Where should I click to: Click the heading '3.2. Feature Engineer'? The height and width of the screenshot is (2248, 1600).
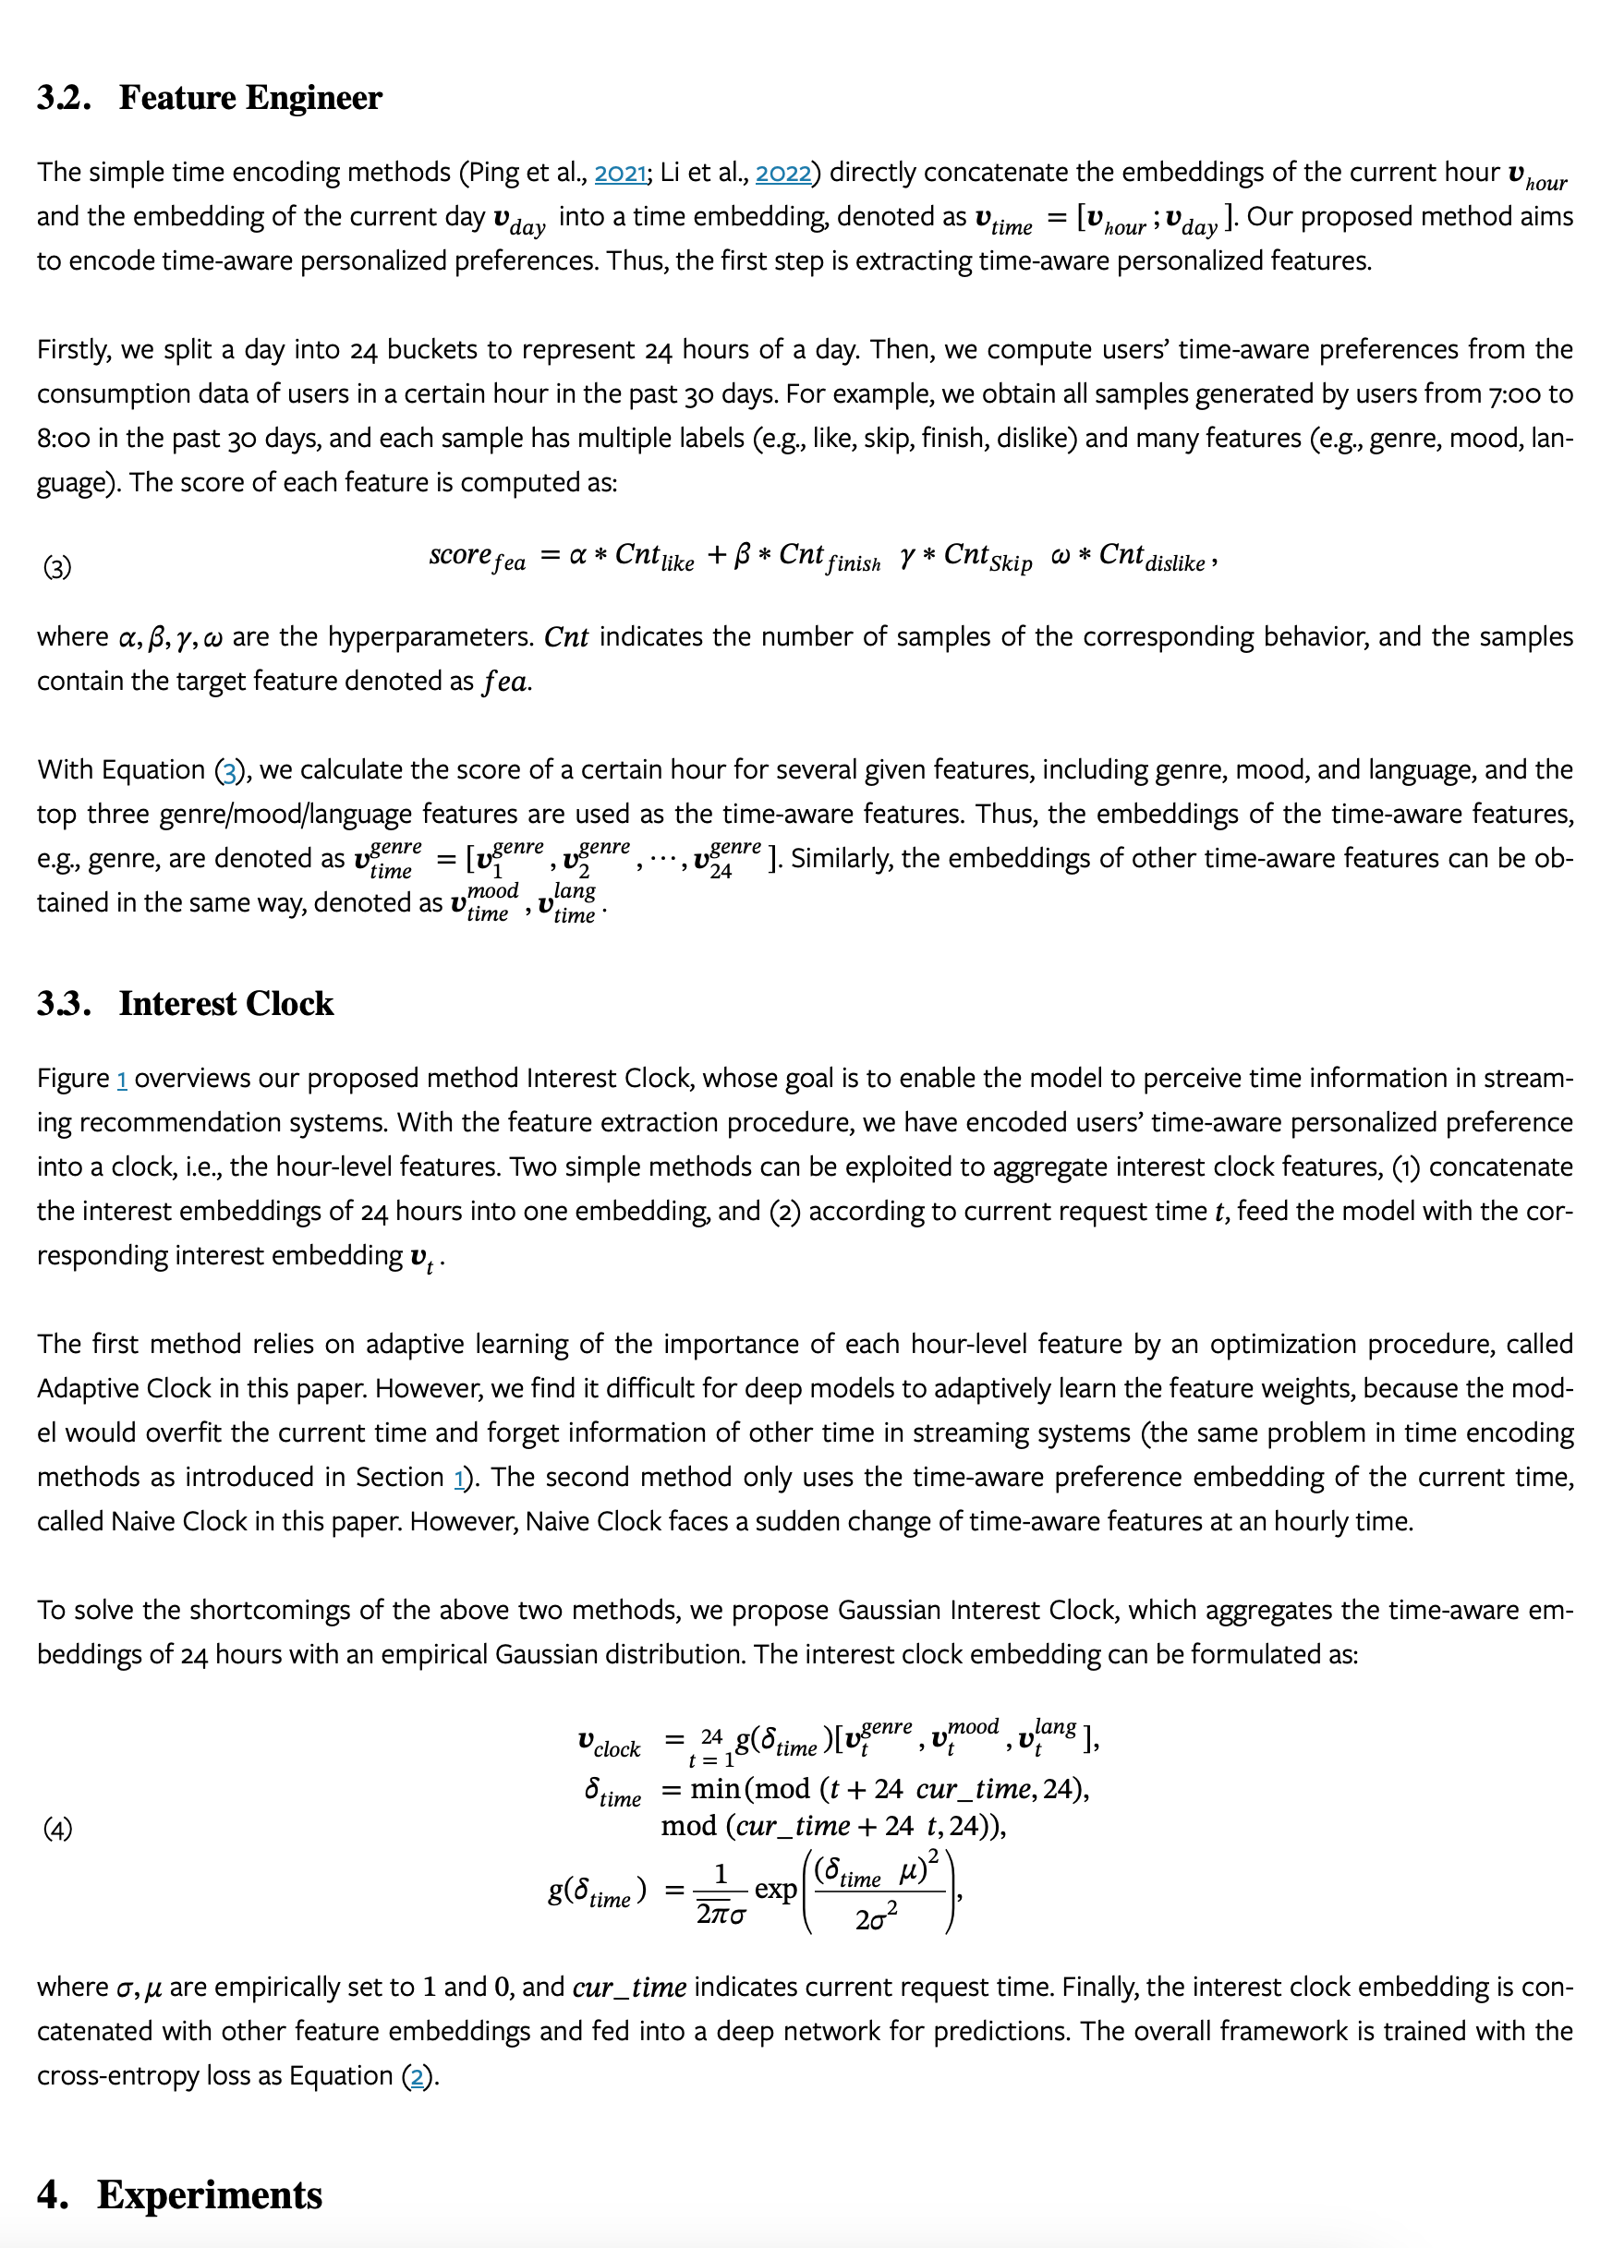(x=209, y=98)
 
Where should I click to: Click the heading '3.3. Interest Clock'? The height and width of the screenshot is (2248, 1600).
(x=186, y=1003)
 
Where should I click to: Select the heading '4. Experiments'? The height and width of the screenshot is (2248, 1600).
(x=179, y=2194)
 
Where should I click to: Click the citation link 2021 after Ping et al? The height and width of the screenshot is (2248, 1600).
(x=621, y=173)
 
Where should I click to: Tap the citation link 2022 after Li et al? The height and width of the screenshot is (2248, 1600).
(x=783, y=173)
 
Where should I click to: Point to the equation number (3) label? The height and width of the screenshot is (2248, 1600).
(x=57, y=566)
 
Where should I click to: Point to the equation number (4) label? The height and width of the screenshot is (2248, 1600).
(x=57, y=1829)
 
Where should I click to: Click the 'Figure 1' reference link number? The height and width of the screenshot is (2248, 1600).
(x=122, y=1079)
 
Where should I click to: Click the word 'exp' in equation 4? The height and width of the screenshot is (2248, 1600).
(x=775, y=1890)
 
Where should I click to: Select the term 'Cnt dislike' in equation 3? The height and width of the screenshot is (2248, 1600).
(x=1152, y=557)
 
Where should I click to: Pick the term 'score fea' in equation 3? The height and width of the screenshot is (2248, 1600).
(x=477, y=557)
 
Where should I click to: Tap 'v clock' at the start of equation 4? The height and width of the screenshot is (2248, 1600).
(x=609, y=1743)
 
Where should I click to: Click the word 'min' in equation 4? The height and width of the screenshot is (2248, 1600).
(x=716, y=1789)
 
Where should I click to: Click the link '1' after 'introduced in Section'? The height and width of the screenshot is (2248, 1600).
(x=459, y=1478)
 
